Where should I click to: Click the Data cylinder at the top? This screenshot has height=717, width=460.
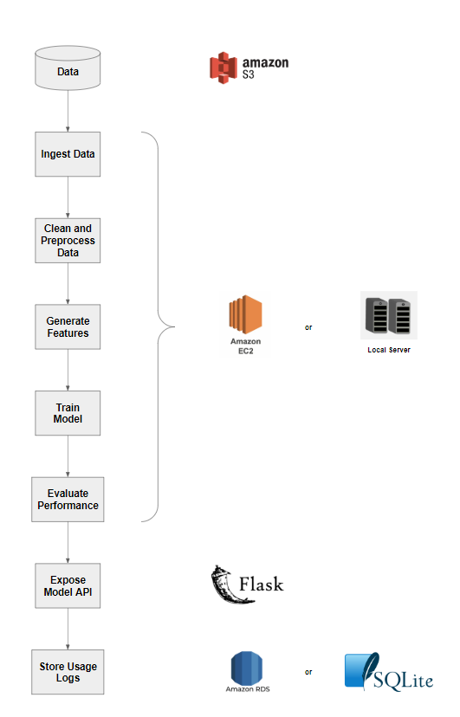pyautogui.click(x=68, y=68)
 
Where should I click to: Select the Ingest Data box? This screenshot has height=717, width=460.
pyautogui.click(x=68, y=154)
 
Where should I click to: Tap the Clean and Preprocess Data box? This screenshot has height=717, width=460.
pyautogui.click(x=68, y=241)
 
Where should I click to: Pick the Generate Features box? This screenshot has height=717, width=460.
pyautogui.click(x=68, y=327)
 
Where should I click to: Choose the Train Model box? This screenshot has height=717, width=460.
pyautogui.click(x=68, y=413)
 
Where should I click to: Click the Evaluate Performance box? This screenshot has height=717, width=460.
pyautogui.click(x=68, y=500)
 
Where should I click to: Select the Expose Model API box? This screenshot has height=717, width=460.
pyautogui.click(x=68, y=585)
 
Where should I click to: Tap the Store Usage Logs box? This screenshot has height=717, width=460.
pyautogui.click(x=68, y=672)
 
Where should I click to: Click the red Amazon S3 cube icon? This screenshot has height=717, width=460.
pyautogui.click(x=224, y=68)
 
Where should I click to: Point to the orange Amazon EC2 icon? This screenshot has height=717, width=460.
pyautogui.click(x=245, y=314)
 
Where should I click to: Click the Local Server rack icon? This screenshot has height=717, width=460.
pyautogui.click(x=389, y=315)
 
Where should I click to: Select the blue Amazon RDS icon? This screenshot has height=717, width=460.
pyautogui.click(x=247, y=668)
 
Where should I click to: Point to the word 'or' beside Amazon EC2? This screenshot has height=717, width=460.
pyautogui.click(x=308, y=327)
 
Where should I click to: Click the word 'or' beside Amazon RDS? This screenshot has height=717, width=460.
pyautogui.click(x=308, y=672)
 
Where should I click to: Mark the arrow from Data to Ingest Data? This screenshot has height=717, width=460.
pyautogui.click(x=68, y=111)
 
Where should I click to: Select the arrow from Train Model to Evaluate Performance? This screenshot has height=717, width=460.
pyautogui.click(x=68, y=456)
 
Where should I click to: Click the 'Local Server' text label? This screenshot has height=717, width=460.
pyautogui.click(x=389, y=350)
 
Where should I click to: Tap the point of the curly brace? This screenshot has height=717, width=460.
pyautogui.click(x=175, y=327)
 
